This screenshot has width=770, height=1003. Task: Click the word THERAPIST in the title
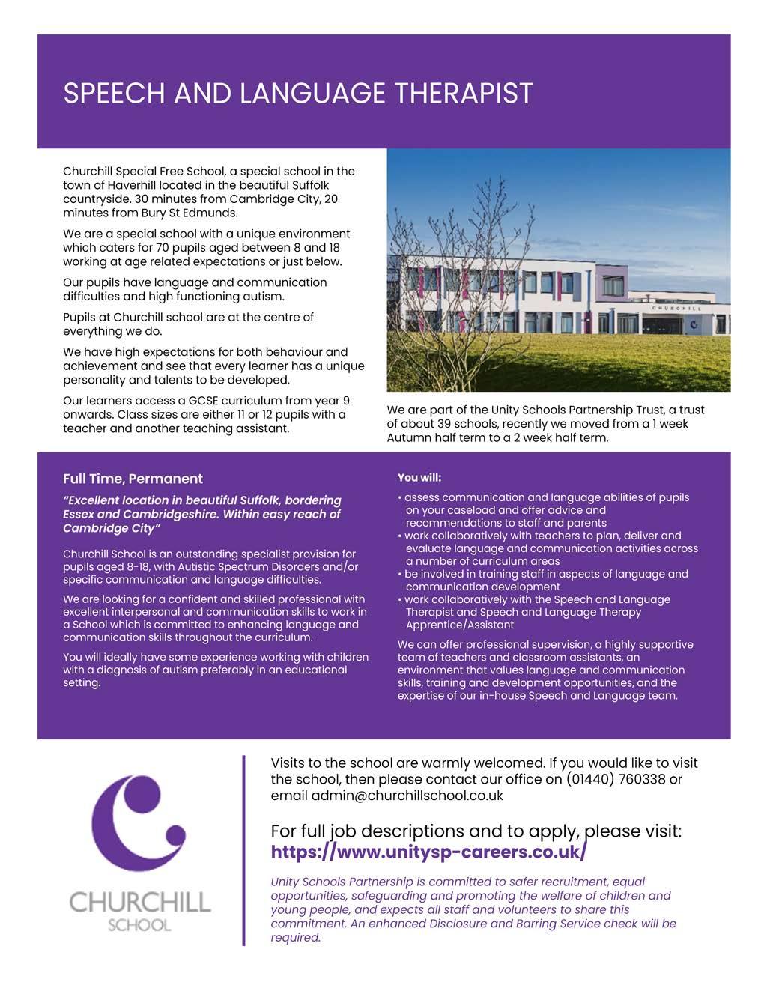click(464, 94)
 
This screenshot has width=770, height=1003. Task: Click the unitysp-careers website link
click(428, 852)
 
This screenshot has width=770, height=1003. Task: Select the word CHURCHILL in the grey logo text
click(139, 901)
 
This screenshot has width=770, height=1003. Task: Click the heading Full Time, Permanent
click(133, 479)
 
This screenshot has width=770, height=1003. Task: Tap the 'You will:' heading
click(419, 477)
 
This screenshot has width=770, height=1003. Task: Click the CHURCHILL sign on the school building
click(676, 308)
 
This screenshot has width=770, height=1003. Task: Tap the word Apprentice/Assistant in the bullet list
click(460, 625)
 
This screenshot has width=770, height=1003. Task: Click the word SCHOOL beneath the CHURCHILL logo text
click(139, 924)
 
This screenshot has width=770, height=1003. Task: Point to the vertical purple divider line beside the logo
click(244, 850)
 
